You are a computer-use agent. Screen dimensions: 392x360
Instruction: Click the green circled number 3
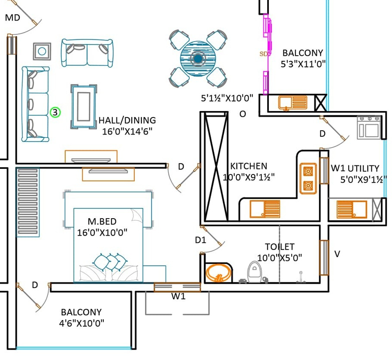click(55, 112)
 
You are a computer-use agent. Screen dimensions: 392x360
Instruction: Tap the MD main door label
click(12, 18)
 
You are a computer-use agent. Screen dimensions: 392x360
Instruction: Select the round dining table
click(198, 58)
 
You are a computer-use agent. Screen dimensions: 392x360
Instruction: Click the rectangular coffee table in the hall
click(84, 107)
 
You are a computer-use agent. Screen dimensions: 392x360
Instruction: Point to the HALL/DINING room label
click(127, 120)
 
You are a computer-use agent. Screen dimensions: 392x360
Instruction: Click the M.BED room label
click(102, 222)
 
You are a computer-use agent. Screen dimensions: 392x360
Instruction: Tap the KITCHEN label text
click(248, 166)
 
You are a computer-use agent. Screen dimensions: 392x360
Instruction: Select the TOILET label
click(280, 247)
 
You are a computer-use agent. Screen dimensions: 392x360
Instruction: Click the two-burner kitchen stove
click(308, 179)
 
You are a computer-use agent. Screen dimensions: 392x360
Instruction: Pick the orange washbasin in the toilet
click(218, 273)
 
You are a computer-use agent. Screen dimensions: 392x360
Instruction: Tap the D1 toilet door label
click(200, 240)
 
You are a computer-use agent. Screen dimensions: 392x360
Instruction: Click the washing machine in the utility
click(369, 127)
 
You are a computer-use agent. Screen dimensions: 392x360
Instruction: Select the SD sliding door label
click(263, 54)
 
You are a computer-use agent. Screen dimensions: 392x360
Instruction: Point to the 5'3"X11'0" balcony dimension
click(303, 64)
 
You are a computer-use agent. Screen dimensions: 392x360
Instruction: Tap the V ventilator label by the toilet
click(337, 254)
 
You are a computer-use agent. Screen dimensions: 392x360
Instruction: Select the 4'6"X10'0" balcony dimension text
click(81, 323)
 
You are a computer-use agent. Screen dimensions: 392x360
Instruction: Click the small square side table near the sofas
click(42, 51)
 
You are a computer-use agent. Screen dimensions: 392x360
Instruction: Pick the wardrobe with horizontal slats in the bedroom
click(28, 202)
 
